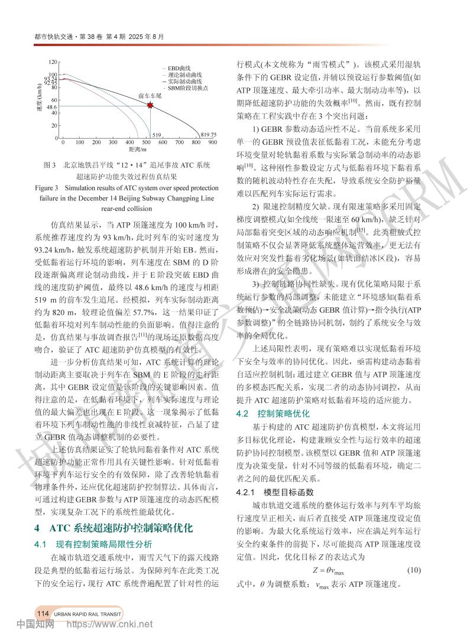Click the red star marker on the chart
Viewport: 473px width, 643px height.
click(x=150, y=105)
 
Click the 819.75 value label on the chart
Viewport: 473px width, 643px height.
click(x=209, y=134)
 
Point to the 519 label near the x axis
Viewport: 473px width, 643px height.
click(x=157, y=135)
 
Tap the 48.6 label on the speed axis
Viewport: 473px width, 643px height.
click(x=51, y=107)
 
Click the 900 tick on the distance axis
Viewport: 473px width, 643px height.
click(x=213, y=142)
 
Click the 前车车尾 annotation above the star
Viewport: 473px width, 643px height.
click(x=150, y=95)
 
